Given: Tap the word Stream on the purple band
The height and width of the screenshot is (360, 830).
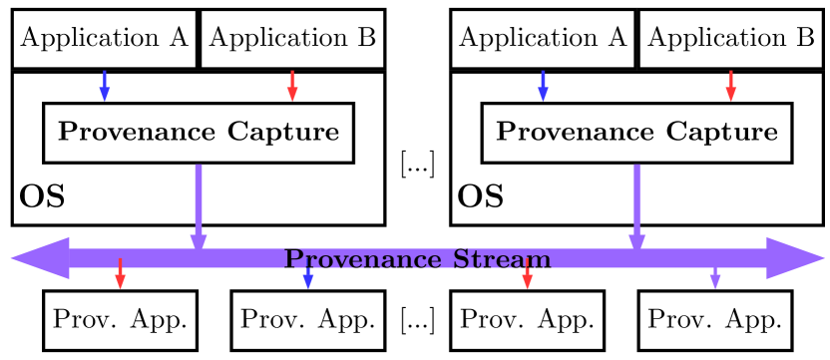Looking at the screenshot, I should [x=502, y=259].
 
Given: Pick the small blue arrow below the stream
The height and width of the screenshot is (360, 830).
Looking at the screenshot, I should [x=307, y=278].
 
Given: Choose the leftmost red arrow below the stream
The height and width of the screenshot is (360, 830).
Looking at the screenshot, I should [x=120, y=274].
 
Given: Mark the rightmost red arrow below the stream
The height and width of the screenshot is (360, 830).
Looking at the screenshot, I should [x=527, y=274].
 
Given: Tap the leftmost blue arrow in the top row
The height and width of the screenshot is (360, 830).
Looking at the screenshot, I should [x=104, y=86].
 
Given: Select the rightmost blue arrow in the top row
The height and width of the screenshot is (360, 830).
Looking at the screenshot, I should [x=543, y=86].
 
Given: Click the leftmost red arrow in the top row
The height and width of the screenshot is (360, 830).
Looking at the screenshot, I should [x=292, y=86].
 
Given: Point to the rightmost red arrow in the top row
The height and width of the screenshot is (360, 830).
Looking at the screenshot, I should [x=730, y=86].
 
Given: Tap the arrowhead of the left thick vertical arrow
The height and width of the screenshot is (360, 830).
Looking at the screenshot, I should [x=199, y=243].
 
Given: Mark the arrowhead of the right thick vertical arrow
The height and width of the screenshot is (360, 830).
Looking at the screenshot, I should [x=636, y=243].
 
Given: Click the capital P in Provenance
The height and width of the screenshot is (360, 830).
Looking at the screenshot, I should [x=293, y=259].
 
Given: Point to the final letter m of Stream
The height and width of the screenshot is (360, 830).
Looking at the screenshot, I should [x=540, y=261].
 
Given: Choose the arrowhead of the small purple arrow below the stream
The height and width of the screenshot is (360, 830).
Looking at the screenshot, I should [x=714, y=284].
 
